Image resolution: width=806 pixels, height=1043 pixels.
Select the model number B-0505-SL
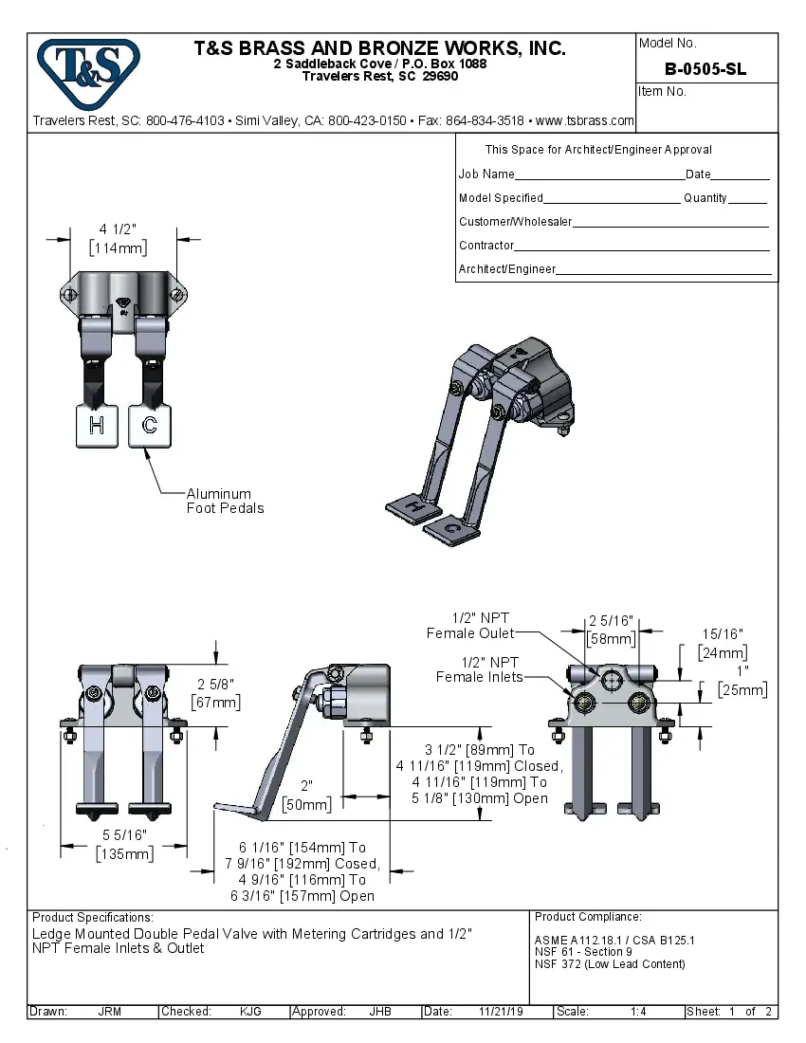(x=705, y=69)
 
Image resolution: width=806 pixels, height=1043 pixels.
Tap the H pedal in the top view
(x=96, y=426)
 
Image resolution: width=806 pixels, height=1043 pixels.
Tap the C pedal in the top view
(x=150, y=426)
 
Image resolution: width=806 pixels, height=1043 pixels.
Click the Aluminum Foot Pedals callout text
(x=225, y=501)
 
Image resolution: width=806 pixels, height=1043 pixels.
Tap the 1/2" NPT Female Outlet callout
(x=470, y=626)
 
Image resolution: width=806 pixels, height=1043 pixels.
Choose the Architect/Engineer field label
(x=507, y=269)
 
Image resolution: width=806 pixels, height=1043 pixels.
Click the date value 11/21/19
(x=502, y=1012)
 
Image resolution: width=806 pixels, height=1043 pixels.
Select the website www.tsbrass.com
(x=585, y=120)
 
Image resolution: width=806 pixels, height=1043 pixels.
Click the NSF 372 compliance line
(x=610, y=964)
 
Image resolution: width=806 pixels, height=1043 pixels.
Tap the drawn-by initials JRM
(x=109, y=1012)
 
